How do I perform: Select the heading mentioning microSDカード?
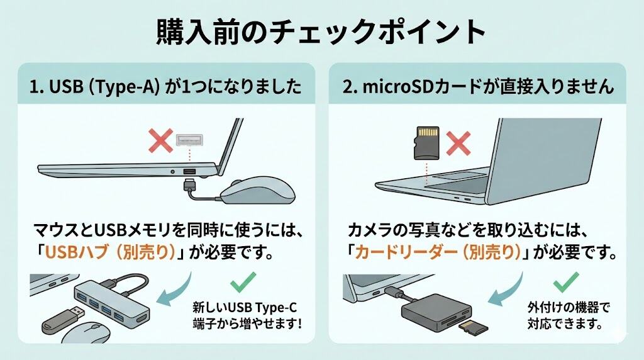click(478, 87)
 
